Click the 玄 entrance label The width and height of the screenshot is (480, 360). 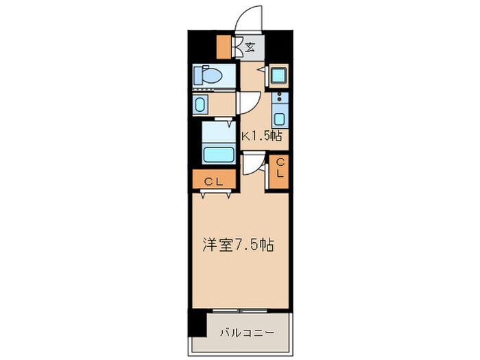click(251, 47)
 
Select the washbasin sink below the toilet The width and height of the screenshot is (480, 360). click(200, 104)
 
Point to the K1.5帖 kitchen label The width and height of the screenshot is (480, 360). click(261, 136)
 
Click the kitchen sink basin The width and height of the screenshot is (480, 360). click(280, 117)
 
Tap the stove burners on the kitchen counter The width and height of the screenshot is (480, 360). click(280, 98)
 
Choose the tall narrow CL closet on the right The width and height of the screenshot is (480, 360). click(280, 169)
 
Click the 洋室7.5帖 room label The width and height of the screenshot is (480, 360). click(238, 245)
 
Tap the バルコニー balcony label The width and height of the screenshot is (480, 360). click(247, 333)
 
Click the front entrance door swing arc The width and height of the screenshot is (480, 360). click(248, 18)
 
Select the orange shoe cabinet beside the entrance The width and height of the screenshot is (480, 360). click(224, 47)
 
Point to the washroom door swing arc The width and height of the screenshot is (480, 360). click(247, 103)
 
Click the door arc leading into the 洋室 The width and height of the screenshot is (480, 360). click(252, 165)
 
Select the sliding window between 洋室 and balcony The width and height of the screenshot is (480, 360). click(239, 309)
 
